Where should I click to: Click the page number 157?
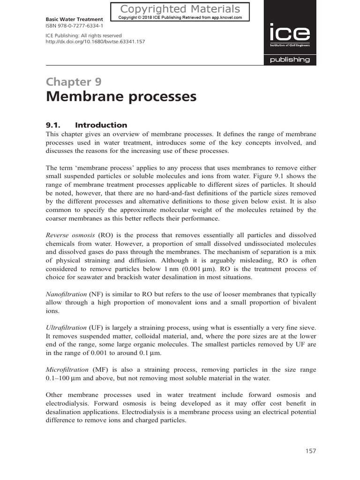(x=310, y=451)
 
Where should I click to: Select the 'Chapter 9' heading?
(x=73, y=82)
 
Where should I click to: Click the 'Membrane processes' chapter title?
(x=121, y=97)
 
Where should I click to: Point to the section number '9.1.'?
(x=54, y=125)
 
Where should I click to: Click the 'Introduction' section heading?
(x=101, y=125)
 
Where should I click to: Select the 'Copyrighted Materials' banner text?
(x=180, y=9)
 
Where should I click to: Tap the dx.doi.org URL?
(x=95, y=42)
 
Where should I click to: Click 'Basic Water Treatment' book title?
(x=74, y=19)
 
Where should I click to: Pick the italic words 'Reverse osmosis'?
(x=70, y=235)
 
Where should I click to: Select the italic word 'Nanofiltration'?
(x=66, y=294)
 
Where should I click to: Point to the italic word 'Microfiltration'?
(x=67, y=370)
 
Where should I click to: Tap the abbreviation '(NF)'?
(x=97, y=294)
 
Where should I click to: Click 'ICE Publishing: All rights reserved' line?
(x=83, y=36)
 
